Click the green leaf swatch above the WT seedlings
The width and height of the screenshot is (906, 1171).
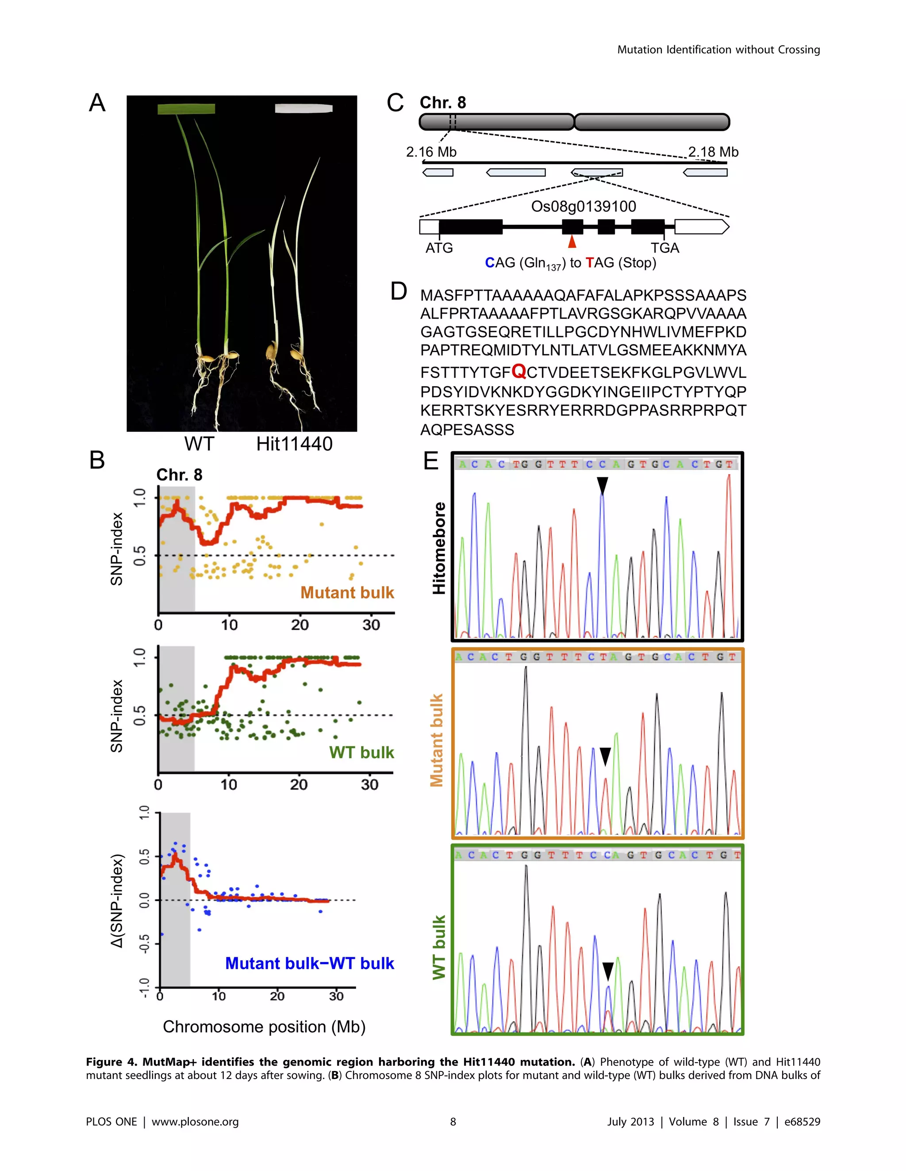click(x=186, y=109)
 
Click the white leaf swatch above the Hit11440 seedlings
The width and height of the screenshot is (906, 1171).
click(x=303, y=108)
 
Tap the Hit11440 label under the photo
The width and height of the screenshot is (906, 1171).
click(x=294, y=444)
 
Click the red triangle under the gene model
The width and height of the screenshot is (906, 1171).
click(x=572, y=242)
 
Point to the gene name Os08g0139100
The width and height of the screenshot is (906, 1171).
click(x=583, y=207)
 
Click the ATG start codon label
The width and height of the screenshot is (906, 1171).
click(x=439, y=248)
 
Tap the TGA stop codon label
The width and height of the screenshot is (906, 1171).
click(x=665, y=248)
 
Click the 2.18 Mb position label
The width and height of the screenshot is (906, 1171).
click(x=713, y=152)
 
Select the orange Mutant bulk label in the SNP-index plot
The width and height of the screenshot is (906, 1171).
click(x=347, y=592)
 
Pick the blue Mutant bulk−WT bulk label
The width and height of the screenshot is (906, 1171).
click(x=309, y=964)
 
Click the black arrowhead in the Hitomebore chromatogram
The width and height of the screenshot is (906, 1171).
click(x=603, y=485)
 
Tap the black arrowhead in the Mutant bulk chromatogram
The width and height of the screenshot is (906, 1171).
click(x=605, y=756)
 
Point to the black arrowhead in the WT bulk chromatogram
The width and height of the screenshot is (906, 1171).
click(x=607, y=971)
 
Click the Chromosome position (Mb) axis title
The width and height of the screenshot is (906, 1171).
click(x=264, y=1027)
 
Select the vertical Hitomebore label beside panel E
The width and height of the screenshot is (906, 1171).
click(x=439, y=548)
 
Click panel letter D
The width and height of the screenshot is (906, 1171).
click(x=398, y=292)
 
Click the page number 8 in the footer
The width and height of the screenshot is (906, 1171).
click(x=453, y=1121)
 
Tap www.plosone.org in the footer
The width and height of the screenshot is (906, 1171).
click(x=195, y=1121)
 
